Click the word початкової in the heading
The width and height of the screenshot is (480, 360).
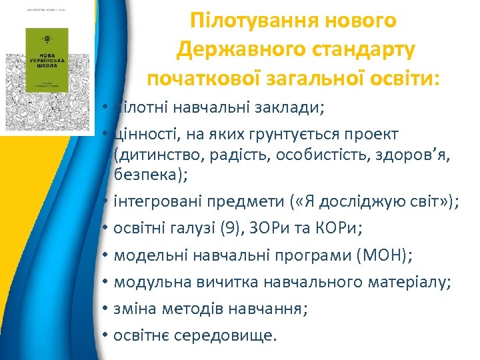click(199, 79)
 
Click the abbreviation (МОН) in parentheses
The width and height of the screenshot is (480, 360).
click(379, 256)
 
